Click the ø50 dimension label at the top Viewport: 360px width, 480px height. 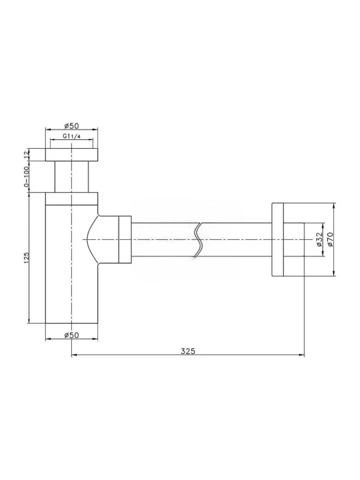coord(71,125)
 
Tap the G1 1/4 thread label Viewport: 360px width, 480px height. coord(71,136)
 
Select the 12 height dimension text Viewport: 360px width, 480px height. coord(26,154)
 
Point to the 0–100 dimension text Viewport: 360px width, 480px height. coord(26,177)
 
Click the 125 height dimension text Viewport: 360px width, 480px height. coord(26,258)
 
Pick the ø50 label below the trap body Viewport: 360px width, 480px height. coord(71,335)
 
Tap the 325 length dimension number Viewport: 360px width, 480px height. coord(188,351)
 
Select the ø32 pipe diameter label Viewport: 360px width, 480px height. coord(319,239)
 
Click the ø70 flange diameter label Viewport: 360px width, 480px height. coord(329,239)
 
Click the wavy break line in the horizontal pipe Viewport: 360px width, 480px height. coord(198,239)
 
